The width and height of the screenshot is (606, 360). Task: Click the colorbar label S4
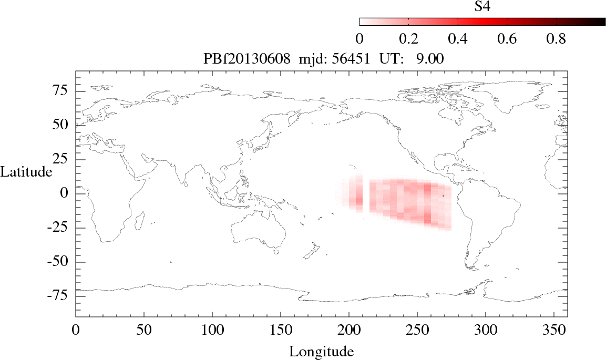482,6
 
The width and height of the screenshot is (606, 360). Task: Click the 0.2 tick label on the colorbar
408,39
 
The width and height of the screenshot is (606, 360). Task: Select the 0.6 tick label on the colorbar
507,39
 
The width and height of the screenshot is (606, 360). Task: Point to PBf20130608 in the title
246,59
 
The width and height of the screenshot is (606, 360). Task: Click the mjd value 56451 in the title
346,59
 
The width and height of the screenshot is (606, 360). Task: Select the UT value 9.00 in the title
430,59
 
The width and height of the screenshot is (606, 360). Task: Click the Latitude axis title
26,172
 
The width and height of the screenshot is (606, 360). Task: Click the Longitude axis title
321,351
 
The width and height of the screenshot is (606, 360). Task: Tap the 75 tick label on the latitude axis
62,91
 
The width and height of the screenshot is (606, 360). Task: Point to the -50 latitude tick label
59,262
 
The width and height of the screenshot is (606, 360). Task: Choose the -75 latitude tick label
59,296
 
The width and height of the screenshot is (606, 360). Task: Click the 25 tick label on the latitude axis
62,159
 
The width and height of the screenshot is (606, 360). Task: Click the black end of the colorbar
599,22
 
